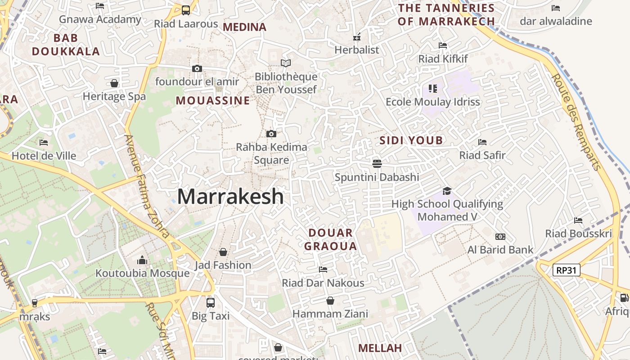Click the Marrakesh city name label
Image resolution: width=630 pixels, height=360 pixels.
[230, 197]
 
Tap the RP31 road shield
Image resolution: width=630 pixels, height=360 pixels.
[567, 270]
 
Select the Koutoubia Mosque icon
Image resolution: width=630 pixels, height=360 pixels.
[142, 261]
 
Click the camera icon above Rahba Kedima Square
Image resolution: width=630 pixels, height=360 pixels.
[271, 134]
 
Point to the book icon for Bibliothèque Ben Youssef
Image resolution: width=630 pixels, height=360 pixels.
[286, 63]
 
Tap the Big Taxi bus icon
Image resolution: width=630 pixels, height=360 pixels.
[210, 303]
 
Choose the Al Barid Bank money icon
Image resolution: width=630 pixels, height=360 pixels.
[500, 237]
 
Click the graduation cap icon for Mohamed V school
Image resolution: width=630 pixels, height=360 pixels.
[447, 191]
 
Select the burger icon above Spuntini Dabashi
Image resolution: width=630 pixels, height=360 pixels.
[377, 163]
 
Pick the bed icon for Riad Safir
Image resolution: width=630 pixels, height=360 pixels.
[482, 142]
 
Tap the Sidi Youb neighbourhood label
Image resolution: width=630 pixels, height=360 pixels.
[411, 140]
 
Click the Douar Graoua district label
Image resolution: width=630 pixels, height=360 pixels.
[331, 239]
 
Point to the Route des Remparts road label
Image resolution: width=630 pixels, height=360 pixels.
[576, 122]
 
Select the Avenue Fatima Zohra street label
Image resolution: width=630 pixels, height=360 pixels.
[147, 186]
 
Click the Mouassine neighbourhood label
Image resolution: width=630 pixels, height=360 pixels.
[212, 100]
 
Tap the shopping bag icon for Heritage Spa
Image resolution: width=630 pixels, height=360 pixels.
[114, 83]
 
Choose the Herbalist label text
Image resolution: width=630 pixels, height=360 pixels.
[357, 50]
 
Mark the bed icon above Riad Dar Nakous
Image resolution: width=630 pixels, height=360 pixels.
[323, 270]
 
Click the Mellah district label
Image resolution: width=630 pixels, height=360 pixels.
[380, 348]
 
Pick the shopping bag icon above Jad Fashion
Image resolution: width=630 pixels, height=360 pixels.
[223, 252]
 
